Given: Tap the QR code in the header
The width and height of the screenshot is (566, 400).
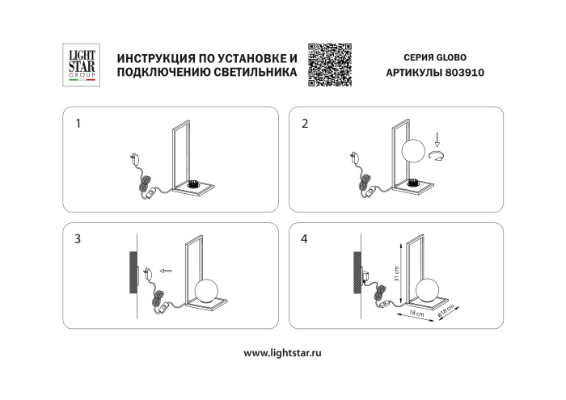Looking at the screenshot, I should [x=331, y=61].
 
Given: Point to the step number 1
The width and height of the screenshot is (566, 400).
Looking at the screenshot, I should [x=78, y=124].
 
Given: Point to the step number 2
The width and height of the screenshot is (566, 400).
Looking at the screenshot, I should [x=304, y=124].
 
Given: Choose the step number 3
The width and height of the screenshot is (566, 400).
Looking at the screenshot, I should [x=78, y=239].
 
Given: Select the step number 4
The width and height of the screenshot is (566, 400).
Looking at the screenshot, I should [x=304, y=239].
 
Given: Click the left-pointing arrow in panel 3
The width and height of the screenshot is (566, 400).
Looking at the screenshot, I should [x=167, y=272].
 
